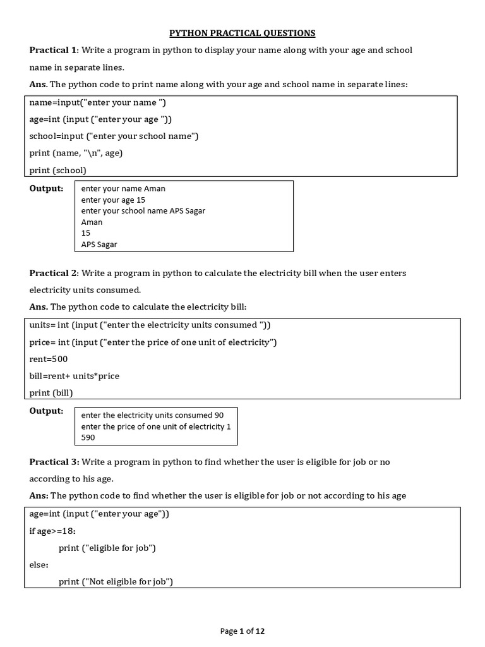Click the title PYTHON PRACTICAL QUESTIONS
click(242, 33)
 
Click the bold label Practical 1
click(53, 50)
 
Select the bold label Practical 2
click(53, 273)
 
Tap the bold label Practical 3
click(53, 462)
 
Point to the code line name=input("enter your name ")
click(98, 102)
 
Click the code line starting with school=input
click(114, 136)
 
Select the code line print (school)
click(58, 170)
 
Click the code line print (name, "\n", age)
click(76, 153)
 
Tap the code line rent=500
click(49, 359)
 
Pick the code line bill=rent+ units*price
click(75, 376)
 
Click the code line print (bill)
click(51, 393)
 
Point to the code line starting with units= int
click(150, 325)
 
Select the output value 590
click(88, 437)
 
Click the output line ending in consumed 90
click(152, 415)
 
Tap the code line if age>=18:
click(52, 531)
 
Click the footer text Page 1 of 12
click(242, 631)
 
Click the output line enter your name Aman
click(123, 188)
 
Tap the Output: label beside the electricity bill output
click(47, 411)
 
